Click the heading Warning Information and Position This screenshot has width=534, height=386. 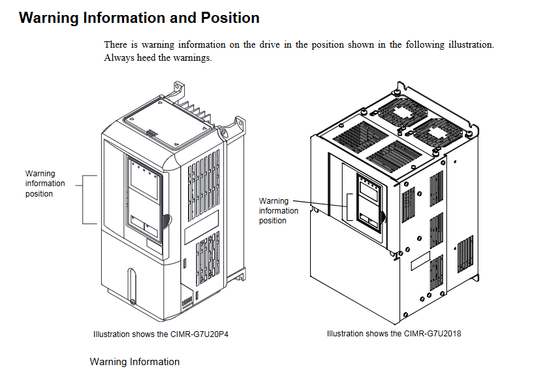pyautogui.click(x=139, y=18)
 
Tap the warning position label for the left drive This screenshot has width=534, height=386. pyautogui.click(x=45, y=184)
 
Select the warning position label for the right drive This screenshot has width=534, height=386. pyautogui.click(x=279, y=210)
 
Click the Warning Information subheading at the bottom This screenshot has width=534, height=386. pyautogui.click(x=134, y=362)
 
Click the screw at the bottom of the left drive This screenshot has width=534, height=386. pyautogui.click(x=132, y=302)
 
